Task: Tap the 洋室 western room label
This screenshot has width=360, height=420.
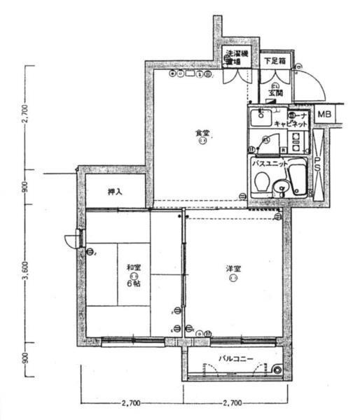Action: pyautogui.click(x=233, y=269)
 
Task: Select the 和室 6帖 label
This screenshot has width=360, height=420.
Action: pyautogui.click(x=133, y=274)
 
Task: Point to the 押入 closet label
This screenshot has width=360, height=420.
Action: pyautogui.click(x=116, y=191)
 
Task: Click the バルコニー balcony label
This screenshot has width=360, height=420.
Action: pyautogui.click(x=235, y=358)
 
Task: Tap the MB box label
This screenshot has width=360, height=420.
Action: pyautogui.click(x=324, y=114)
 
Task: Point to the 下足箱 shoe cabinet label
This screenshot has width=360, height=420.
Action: pyautogui.click(x=274, y=61)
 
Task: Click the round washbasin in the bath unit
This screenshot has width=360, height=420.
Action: pyautogui.click(x=281, y=186)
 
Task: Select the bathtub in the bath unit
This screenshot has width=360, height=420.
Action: pyautogui.click(x=299, y=178)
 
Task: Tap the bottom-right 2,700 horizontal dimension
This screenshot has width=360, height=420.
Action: pyautogui.click(x=232, y=404)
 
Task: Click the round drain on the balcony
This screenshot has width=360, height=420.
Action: pyautogui.click(x=278, y=370)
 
